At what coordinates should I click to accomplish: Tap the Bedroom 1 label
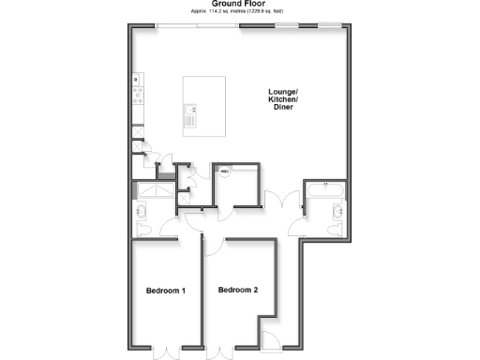[x=165, y=291]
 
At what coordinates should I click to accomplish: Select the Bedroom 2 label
[x=237, y=291]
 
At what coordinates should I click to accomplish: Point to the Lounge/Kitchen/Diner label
[x=283, y=99]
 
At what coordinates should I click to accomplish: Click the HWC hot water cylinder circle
[x=225, y=172]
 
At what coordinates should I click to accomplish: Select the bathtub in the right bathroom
[x=325, y=190]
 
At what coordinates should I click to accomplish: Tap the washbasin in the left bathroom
[x=142, y=228]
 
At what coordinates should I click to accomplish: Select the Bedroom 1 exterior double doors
[x=165, y=350]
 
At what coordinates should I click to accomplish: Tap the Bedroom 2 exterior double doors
[x=221, y=350]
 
